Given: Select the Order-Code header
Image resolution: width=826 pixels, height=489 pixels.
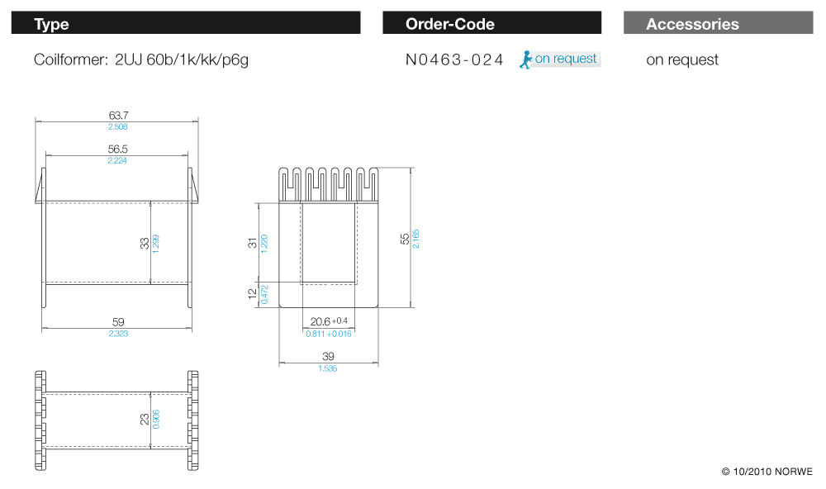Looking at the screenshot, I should tap(491, 23).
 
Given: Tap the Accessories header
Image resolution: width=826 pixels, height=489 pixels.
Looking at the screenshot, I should tap(718, 23).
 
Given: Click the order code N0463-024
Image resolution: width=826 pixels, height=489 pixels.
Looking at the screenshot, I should tap(454, 59).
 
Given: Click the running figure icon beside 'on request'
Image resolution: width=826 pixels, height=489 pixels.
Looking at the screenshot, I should tap(525, 59).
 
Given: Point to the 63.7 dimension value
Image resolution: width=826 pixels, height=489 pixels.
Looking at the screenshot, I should tap(117, 116).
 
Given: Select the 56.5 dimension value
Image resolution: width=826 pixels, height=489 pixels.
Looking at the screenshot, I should tap(117, 149).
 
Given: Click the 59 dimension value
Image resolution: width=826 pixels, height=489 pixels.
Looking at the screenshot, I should tap(117, 322).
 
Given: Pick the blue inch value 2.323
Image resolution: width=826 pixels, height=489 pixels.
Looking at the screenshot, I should tap(117, 334).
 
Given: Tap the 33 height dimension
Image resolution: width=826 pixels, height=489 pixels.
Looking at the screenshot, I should tap(145, 243).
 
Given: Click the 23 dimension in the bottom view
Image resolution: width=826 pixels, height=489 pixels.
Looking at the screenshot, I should tap(145, 420).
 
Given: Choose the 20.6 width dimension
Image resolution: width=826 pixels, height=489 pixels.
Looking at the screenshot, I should tap(320, 321).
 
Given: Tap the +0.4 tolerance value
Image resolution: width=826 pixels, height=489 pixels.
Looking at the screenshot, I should tap(340, 320).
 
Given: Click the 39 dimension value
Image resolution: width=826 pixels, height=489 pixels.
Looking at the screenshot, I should tap(328, 356).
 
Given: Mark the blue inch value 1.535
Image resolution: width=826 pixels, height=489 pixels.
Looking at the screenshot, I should tap(328, 368).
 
